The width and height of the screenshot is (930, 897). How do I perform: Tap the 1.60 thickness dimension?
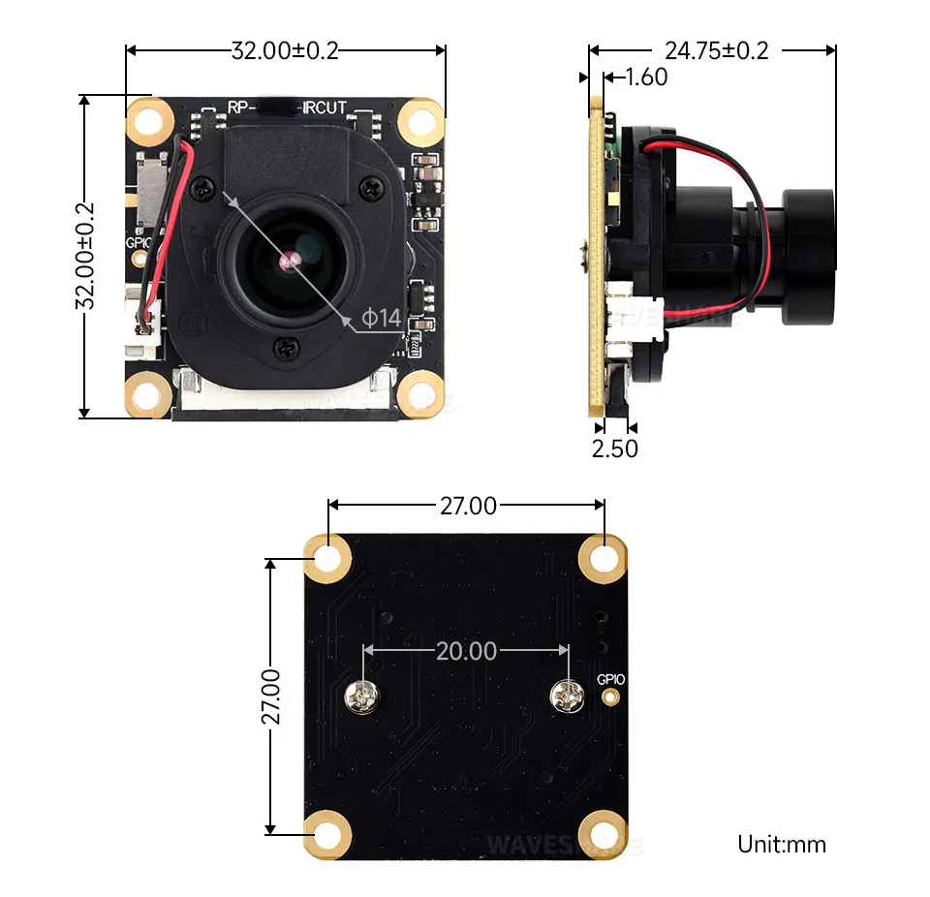(646, 77)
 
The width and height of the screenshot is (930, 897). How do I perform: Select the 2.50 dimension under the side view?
(614, 448)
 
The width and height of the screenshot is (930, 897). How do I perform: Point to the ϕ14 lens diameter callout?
(381, 317)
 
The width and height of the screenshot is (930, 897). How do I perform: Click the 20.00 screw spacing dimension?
(465, 650)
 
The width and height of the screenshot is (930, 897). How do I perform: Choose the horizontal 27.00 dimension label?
(468, 506)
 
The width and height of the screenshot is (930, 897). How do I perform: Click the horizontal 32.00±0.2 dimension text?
(285, 50)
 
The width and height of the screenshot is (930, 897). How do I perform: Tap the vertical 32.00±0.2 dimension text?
(86, 256)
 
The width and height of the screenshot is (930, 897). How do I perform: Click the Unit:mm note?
(782, 844)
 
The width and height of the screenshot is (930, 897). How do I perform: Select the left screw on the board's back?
(361, 696)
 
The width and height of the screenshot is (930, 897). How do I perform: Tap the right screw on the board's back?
(567, 695)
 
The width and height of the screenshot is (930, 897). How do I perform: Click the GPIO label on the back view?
(610, 679)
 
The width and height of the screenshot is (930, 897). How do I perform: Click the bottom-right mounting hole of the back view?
(603, 833)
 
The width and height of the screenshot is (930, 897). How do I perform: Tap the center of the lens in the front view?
(289, 260)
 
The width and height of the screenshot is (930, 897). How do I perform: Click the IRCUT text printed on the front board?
(325, 108)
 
